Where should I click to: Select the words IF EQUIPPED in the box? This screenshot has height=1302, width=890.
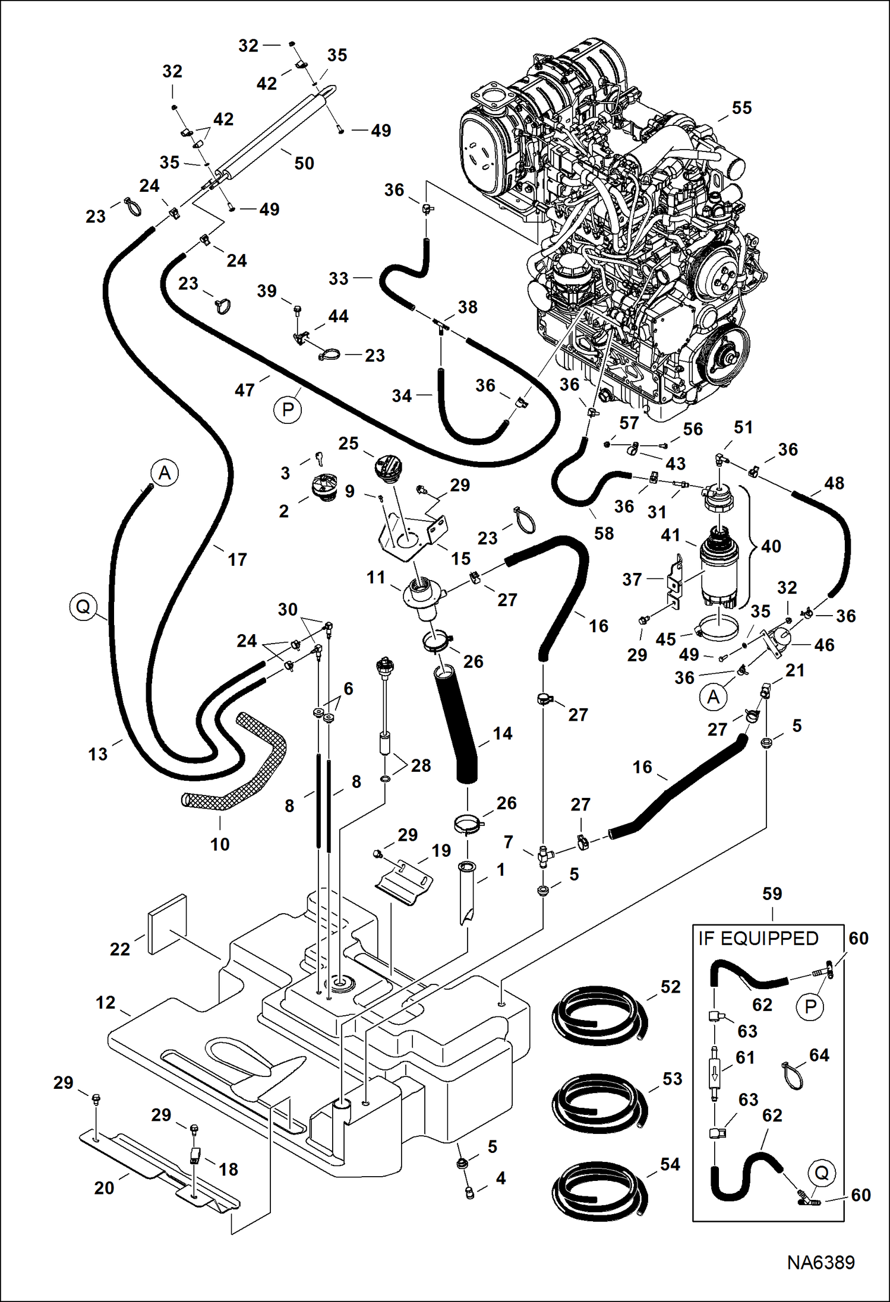758,938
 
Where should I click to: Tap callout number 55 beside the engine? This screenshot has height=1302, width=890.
741,107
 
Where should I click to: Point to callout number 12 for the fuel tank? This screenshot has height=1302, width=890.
105,1002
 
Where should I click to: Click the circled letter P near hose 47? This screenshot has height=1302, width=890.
288,410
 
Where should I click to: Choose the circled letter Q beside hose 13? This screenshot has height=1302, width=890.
83,607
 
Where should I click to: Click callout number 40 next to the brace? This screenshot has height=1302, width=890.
771,546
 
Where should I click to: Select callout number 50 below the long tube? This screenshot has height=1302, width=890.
304,163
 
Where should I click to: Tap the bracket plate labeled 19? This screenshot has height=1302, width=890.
404,882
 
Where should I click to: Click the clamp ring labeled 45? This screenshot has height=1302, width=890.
718,629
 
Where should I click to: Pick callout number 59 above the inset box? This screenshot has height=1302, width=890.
772,894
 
